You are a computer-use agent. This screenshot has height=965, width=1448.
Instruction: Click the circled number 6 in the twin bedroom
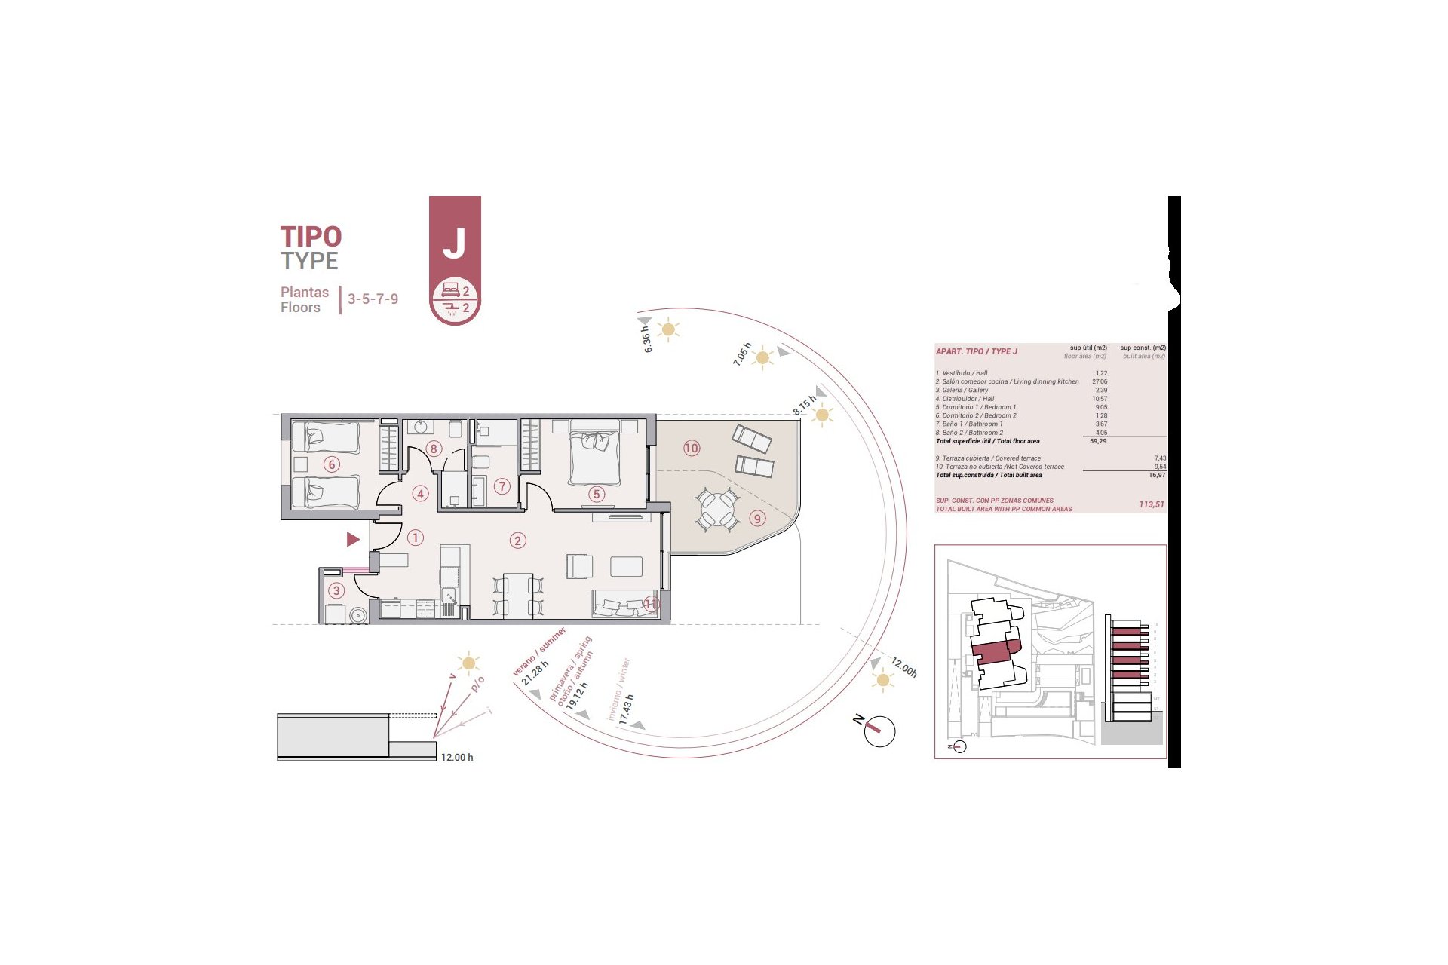(331, 464)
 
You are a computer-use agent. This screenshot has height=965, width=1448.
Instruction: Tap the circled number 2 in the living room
(517, 541)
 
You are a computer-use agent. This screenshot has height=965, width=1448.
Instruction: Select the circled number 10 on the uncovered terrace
(692, 448)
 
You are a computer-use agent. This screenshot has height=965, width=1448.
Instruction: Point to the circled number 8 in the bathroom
(433, 449)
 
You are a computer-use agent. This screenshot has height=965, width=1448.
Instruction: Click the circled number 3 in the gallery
(336, 591)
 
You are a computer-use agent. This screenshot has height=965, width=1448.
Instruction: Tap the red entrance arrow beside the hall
(353, 539)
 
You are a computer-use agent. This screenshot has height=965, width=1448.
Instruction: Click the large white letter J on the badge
(454, 243)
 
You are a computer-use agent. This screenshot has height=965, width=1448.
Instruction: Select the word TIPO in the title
(311, 237)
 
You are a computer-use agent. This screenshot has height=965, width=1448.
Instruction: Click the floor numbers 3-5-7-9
(373, 299)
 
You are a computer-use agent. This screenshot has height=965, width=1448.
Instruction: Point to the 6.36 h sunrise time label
(646, 339)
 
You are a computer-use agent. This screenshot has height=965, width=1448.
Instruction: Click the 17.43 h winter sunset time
(626, 709)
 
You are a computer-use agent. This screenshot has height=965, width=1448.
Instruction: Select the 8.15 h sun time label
(804, 406)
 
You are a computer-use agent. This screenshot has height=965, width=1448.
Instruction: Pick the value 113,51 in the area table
(1151, 504)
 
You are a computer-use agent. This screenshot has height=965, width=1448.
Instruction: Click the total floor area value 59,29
(1098, 441)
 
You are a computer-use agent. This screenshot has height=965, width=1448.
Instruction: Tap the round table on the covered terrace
(716, 510)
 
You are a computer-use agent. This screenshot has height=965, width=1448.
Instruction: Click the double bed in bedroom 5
(595, 457)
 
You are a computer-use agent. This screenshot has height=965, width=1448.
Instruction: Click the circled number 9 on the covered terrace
(757, 519)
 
